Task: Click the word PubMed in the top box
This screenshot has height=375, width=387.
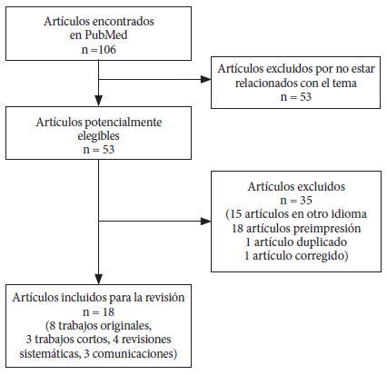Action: click(x=106, y=35)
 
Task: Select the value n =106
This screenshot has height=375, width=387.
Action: click(x=99, y=49)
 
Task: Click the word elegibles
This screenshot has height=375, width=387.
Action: click(x=98, y=135)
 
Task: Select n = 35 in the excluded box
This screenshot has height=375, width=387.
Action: click(x=296, y=200)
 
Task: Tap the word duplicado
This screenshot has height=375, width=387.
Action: click(x=322, y=242)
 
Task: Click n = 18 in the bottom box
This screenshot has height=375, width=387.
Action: click(x=98, y=311)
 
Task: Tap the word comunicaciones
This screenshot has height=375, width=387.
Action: click(x=134, y=353)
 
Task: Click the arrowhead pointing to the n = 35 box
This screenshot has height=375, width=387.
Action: click(x=206, y=222)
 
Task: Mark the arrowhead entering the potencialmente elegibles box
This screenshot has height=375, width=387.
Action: click(x=99, y=101)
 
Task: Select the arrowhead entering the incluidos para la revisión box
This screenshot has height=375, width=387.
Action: click(x=99, y=279)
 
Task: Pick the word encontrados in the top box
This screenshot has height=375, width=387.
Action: click(x=123, y=22)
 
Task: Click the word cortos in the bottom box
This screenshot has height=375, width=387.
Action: click(x=94, y=340)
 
